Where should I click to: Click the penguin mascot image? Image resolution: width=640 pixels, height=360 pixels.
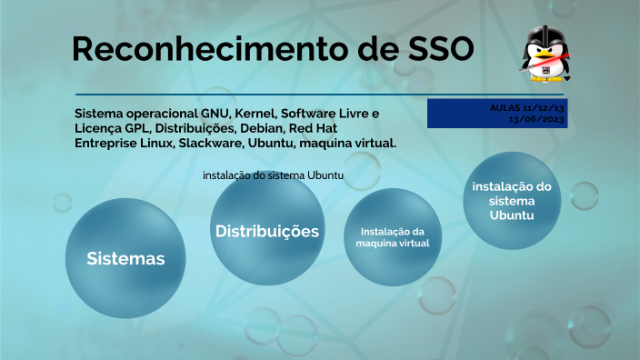[545, 55]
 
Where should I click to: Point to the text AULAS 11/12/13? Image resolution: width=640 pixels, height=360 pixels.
[526, 107]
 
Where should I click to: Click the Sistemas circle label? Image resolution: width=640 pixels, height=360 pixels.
[125, 259]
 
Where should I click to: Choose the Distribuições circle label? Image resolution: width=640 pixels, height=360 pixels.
[266, 231]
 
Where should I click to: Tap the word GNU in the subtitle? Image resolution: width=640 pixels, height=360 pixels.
[214, 113]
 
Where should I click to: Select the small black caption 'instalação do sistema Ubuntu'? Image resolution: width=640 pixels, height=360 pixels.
[273, 175]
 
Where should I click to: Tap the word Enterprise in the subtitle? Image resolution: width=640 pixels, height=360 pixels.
[105, 144]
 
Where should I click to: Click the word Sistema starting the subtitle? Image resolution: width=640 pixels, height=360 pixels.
[100, 113]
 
